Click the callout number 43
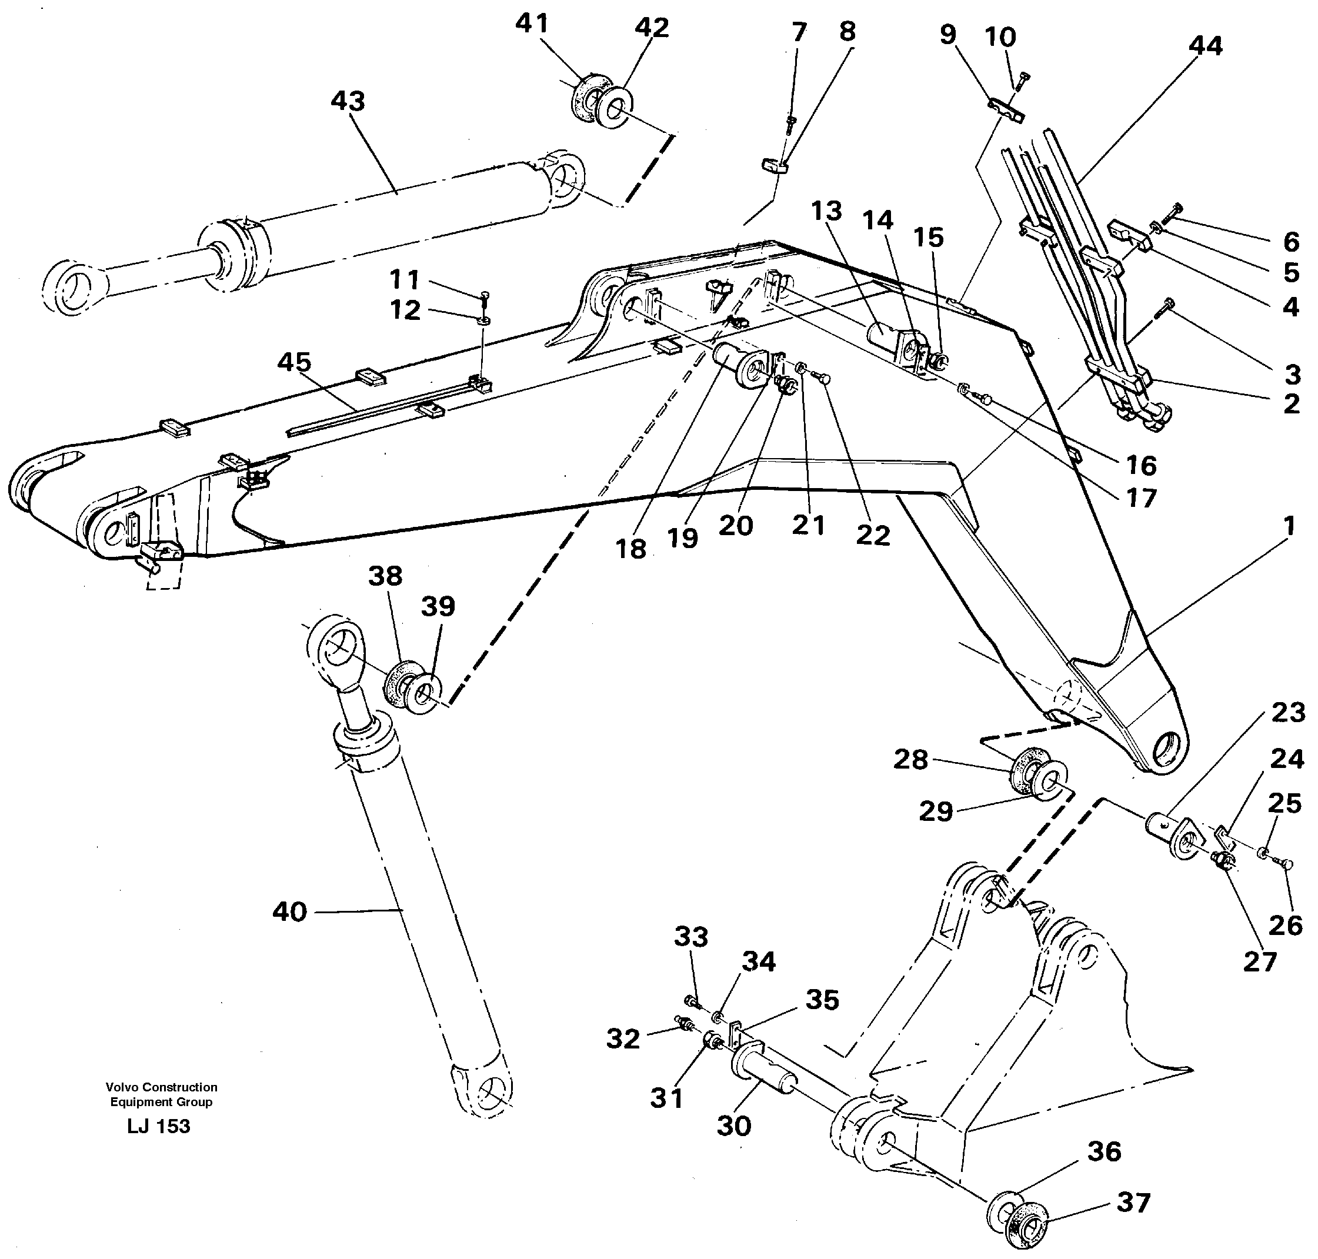[348, 101]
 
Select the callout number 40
[289, 911]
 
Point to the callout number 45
[295, 362]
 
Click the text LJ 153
[158, 1126]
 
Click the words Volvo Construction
[161, 1087]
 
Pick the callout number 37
[1133, 1202]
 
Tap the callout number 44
[1205, 46]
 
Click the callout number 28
[910, 760]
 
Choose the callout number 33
[690, 936]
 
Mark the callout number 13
[826, 211]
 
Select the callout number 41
[532, 24]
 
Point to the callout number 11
[404, 279]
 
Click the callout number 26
[1286, 926]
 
